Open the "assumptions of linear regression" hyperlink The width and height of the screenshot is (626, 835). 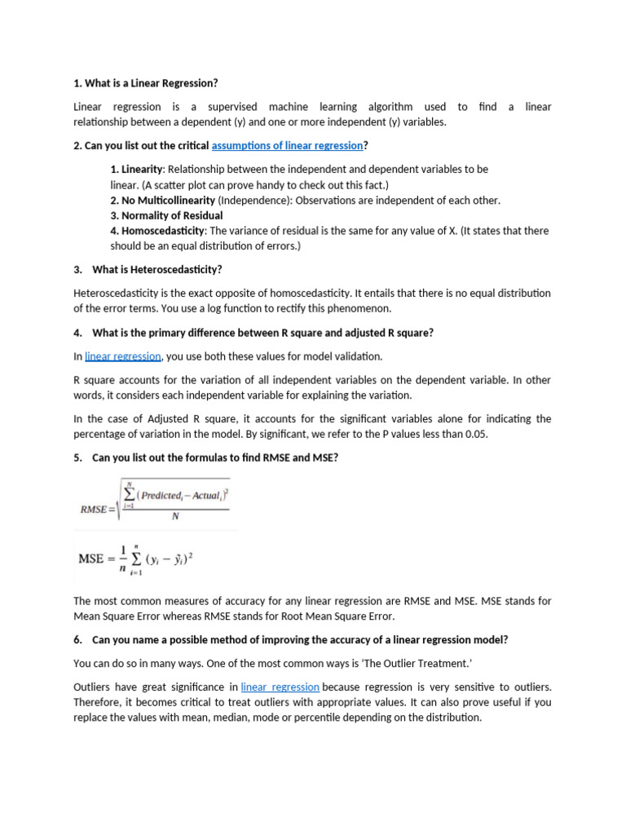[x=287, y=145]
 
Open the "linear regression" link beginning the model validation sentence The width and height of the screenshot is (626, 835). [x=123, y=356]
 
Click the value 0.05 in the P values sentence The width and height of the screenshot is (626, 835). [x=474, y=434]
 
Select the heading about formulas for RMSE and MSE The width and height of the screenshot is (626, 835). [x=215, y=457]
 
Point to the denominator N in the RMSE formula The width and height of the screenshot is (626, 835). [x=175, y=515]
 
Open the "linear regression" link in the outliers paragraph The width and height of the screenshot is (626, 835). [x=280, y=687]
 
